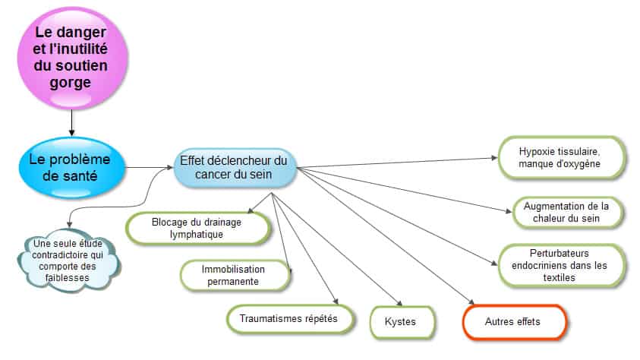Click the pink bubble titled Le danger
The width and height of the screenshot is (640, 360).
click(73, 58)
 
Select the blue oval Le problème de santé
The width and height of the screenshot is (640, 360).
click(72, 168)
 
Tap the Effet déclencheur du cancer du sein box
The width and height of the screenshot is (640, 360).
click(234, 167)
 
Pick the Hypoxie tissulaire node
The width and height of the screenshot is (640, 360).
click(561, 157)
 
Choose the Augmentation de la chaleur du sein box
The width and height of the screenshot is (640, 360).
click(567, 212)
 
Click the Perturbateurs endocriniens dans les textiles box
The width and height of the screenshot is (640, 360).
click(561, 265)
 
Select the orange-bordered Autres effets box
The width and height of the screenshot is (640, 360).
click(514, 322)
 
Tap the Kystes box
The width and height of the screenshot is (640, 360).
click(402, 322)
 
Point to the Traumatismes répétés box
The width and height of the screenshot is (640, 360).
click(290, 319)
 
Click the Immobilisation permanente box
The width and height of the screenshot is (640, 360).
click(235, 276)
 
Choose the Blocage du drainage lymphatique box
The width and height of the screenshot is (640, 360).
click(198, 229)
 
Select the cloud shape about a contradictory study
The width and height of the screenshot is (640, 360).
click(68, 261)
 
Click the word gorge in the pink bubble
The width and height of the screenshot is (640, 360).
click(70, 83)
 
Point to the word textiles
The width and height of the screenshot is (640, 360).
click(560, 277)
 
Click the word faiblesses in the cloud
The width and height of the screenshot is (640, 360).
click(68, 277)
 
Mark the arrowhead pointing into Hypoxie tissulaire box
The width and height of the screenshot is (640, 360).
click(495, 157)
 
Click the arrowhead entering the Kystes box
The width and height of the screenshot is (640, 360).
click(399, 303)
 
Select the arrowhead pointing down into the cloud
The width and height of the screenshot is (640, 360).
click(69, 224)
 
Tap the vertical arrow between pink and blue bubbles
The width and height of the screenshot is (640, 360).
click(72, 123)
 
